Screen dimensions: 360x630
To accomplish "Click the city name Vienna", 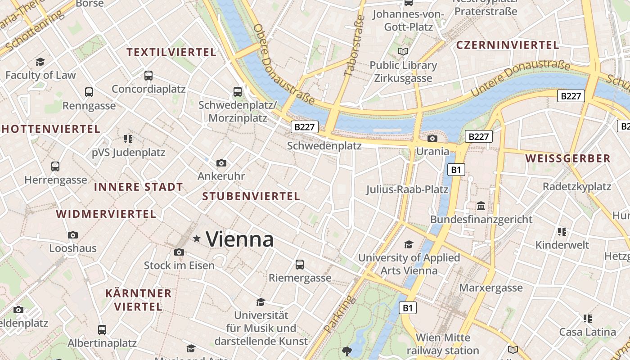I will pyautogui.click(x=239, y=239).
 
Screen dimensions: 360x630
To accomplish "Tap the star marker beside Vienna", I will pyautogui.click(x=197, y=238).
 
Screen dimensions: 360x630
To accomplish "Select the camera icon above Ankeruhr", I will pyautogui.click(x=221, y=163).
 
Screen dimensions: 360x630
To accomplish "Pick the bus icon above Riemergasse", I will pyautogui.click(x=300, y=265).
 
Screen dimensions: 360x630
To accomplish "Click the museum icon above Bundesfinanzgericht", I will pyautogui.click(x=481, y=206).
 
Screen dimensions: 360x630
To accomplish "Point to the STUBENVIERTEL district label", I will pyautogui.click(x=251, y=196).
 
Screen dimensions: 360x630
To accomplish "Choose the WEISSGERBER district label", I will pyautogui.click(x=568, y=158).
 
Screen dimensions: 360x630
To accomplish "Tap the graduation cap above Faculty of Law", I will pyautogui.click(x=40, y=62).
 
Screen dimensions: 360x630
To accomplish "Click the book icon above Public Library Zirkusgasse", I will pyautogui.click(x=403, y=52).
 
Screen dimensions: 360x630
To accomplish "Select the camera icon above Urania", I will pyautogui.click(x=432, y=138).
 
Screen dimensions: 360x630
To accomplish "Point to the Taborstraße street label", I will pyautogui.click(x=354, y=46).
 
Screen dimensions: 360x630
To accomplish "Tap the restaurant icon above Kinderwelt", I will pyautogui.click(x=562, y=232).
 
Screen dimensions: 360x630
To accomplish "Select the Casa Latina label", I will pyautogui.click(x=587, y=332).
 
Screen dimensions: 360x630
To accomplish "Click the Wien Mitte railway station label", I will pyautogui.click(x=443, y=344).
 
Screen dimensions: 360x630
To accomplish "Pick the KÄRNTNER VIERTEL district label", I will pyautogui.click(x=138, y=300).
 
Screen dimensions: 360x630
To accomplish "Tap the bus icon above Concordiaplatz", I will pyautogui.click(x=148, y=76).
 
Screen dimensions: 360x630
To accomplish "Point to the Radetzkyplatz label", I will pyautogui.click(x=577, y=186).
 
